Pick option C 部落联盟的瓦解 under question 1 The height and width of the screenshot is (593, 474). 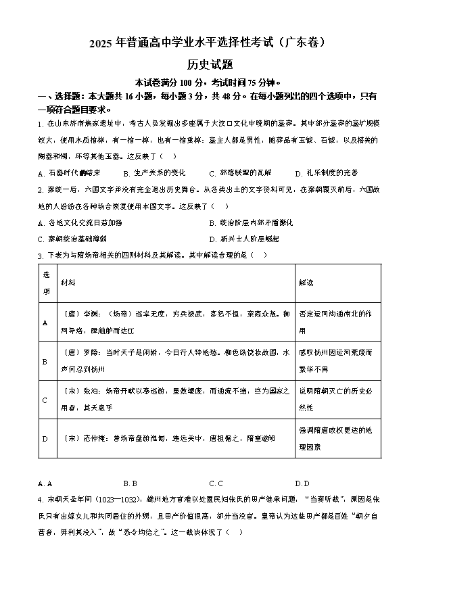point(239,172)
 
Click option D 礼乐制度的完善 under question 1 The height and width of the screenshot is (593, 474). point(327,172)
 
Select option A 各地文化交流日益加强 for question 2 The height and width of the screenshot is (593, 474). point(80,222)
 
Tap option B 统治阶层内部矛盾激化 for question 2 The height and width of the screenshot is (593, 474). point(251,222)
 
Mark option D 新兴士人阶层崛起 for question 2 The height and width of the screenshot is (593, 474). point(243,239)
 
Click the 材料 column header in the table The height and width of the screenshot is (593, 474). point(68,283)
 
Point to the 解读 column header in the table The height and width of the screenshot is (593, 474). point(306,283)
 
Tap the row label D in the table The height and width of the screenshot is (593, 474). point(45,438)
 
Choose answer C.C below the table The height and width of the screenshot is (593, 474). point(216,483)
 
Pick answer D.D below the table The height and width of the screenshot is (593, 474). point(302,483)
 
